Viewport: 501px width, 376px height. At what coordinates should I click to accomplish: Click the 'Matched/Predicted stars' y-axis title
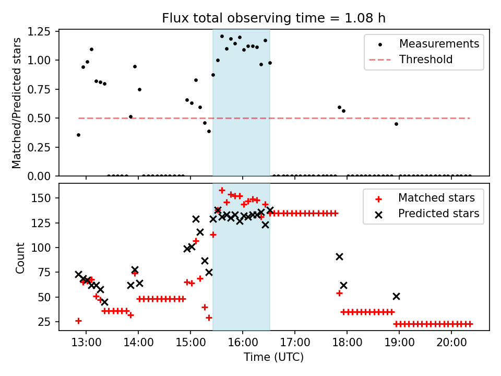click(x=17, y=103)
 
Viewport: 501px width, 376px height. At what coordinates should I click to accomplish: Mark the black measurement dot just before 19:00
click(x=396, y=124)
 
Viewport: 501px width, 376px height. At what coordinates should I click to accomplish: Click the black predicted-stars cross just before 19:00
click(x=396, y=296)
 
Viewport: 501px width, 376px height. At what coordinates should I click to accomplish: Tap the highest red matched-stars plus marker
click(x=222, y=190)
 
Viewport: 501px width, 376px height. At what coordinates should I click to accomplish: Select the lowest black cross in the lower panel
click(x=104, y=302)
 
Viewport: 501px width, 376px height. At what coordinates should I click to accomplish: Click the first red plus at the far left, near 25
click(x=78, y=321)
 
